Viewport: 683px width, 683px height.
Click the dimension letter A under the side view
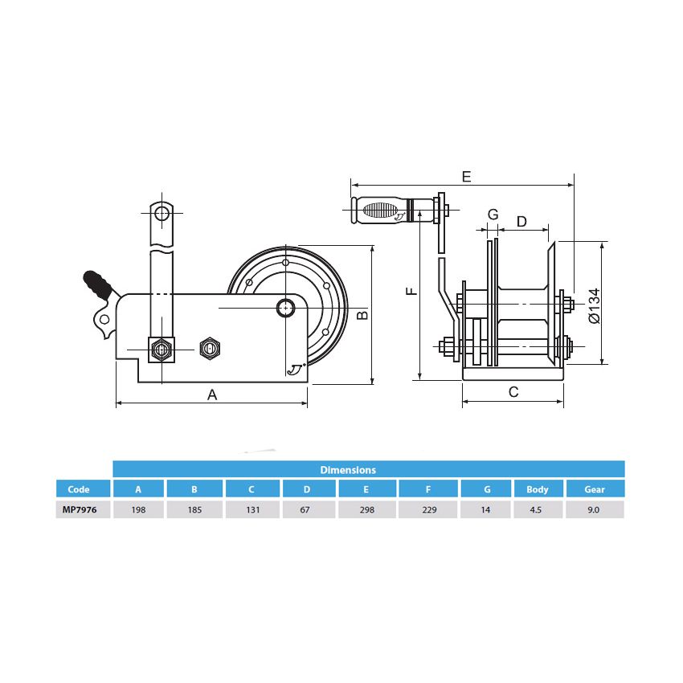212,395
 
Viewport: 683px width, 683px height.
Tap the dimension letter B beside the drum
362,316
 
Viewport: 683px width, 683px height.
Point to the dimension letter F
411,291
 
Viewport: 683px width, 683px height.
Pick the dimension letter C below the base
513,392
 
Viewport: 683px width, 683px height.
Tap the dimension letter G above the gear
493,215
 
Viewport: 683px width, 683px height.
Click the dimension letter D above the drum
521,221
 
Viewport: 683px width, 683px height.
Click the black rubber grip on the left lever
96,283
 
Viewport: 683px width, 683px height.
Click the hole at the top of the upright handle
162,213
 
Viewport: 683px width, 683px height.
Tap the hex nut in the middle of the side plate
208,348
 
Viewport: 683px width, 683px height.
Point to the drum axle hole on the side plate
285,308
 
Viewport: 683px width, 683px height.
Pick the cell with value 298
366,509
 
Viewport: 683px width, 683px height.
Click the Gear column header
595,489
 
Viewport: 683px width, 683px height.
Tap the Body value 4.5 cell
538,509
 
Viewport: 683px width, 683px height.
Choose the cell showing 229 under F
428,509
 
